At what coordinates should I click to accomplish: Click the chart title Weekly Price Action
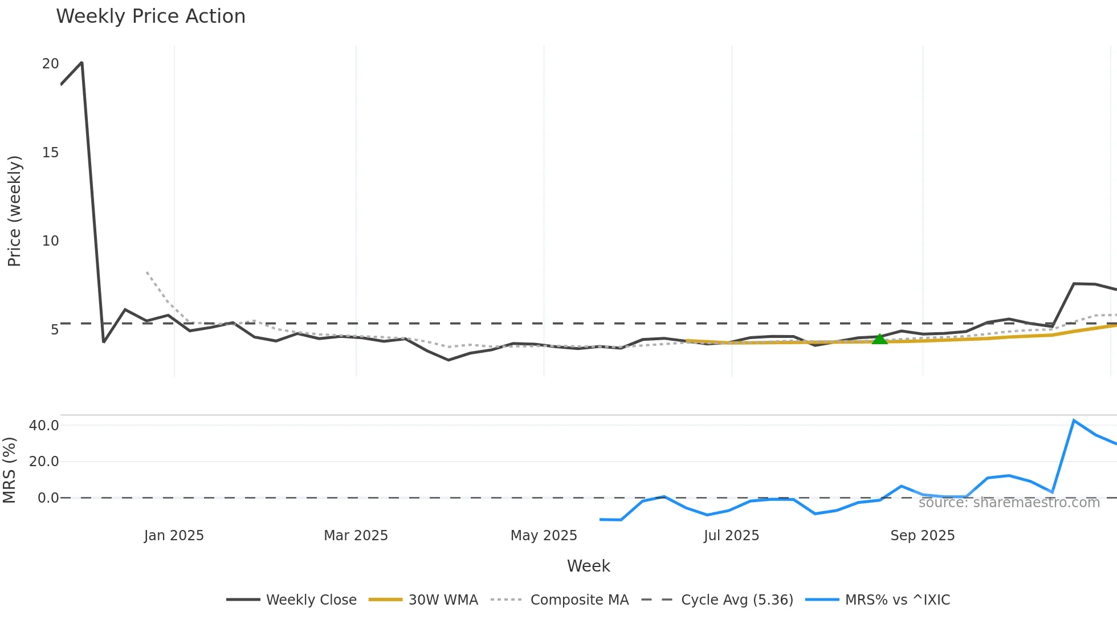150,17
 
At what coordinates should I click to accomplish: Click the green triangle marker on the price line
879,339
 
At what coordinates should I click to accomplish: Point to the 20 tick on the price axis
50,64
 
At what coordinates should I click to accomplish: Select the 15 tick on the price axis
50,152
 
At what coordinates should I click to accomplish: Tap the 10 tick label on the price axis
50,241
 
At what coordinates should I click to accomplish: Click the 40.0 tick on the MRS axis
44,426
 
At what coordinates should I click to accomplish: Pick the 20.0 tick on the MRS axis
44,462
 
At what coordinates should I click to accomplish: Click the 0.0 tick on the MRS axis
48,498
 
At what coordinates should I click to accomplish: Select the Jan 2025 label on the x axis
174,536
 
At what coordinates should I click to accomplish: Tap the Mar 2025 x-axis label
356,536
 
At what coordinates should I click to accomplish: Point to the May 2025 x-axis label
544,536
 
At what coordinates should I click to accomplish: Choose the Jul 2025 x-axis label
731,536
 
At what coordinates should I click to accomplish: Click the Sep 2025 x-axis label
922,536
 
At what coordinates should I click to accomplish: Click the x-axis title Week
588,566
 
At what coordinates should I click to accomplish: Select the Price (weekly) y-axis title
14,211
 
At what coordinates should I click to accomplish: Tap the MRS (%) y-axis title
9,470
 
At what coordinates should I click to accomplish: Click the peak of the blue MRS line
1074,421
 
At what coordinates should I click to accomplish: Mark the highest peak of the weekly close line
82,63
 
